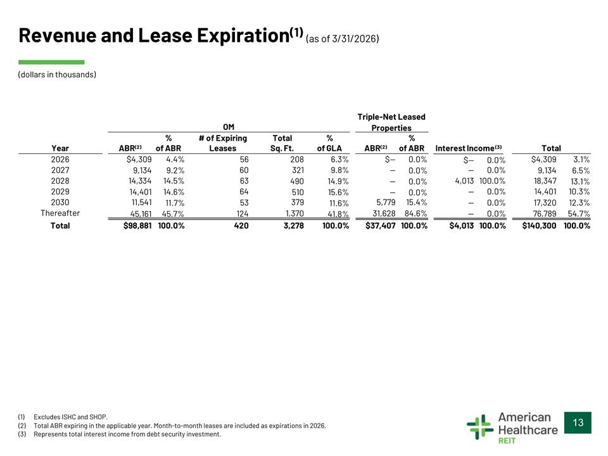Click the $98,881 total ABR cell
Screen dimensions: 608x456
click(x=137, y=225)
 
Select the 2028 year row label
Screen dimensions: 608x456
click(x=60, y=181)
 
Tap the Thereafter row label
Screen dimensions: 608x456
click(x=60, y=213)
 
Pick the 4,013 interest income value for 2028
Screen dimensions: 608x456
click(x=464, y=181)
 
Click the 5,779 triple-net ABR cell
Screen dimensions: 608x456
click(x=386, y=203)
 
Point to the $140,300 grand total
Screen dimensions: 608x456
click(x=539, y=225)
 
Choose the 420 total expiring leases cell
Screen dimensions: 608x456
click(x=241, y=225)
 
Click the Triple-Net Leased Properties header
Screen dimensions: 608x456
click(x=391, y=122)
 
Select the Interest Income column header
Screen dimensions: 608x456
click(x=469, y=148)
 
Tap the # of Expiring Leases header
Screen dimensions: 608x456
click(x=223, y=143)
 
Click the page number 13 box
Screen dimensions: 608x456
click(x=578, y=422)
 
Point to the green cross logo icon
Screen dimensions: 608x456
click(x=480, y=426)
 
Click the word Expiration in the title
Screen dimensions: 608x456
click(x=243, y=35)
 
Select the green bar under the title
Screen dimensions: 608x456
click(x=51, y=62)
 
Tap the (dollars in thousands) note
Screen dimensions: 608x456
click(x=57, y=75)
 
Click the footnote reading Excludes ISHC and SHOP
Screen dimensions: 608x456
click(x=70, y=417)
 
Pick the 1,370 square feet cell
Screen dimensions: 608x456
click(x=294, y=213)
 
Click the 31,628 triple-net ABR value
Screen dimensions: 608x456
click(x=384, y=213)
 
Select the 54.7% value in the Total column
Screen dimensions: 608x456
click(x=579, y=213)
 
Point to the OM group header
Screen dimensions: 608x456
click(x=229, y=127)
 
